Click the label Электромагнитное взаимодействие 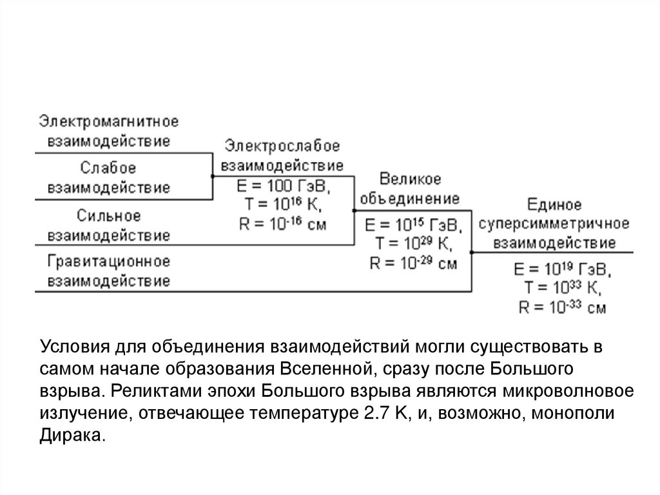point(108,131)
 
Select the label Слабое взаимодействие point(108,177)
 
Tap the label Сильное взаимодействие point(108,225)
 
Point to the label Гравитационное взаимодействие point(108,271)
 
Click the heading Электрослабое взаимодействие point(282,154)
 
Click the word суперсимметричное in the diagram point(554,224)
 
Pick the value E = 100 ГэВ point(282,188)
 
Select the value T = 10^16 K point(282,206)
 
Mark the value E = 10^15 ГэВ point(411,225)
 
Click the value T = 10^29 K point(411,244)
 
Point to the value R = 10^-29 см point(411,263)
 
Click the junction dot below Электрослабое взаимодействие point(213,176)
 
